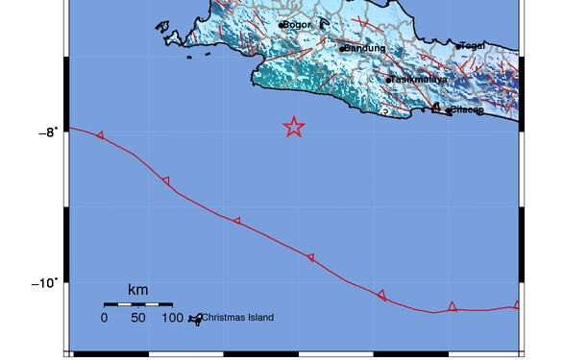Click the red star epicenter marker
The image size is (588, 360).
(x=294, y=127)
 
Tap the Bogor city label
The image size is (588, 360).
(x=297, y=25)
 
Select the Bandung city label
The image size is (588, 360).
(x=366, y=48)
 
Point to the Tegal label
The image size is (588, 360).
(x=474, y=45)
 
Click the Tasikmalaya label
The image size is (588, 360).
(x=420, y=80)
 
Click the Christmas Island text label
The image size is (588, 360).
(x=238, y=318)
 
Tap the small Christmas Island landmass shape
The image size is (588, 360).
(x=195, y=319)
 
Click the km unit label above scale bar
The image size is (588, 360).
(x=138, y=289)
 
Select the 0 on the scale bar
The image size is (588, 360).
(x=105, y=318)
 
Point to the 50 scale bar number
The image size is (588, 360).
(x=138, y=318)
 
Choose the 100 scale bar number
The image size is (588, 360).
(x=173, y=318)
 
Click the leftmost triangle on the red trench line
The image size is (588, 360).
(x=100, y=135)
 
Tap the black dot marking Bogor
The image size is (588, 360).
(x=281, y=25)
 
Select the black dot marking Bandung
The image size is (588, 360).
(x=342, y=48)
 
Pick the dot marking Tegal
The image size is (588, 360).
(x=458, y=45)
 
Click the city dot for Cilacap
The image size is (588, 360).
(x=450, y=110)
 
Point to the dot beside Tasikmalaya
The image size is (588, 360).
(x=388, y=80)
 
